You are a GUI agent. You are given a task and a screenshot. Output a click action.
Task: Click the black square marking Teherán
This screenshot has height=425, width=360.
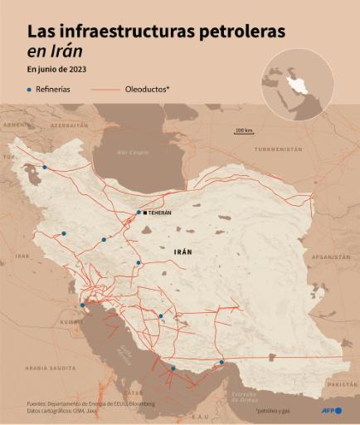point(145,212)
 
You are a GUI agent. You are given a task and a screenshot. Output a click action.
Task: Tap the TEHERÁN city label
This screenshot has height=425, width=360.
point(159,213)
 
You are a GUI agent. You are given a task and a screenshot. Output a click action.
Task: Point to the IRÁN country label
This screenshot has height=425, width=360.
point(184,251)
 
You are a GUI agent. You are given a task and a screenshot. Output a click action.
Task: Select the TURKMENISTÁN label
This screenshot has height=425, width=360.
point(278,149)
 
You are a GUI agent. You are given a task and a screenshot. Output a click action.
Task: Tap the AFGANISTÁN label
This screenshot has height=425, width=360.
point(330,256)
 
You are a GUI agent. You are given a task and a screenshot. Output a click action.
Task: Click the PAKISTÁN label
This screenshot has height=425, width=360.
point(342,385)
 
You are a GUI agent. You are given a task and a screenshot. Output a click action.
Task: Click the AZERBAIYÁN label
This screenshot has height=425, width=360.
point(69,125)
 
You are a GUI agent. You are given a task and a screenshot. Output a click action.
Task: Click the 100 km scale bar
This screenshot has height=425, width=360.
point(244,131)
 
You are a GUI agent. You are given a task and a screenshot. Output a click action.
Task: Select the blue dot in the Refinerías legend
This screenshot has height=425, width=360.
point(28,89)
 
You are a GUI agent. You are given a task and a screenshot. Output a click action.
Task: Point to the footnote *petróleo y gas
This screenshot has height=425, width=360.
point(275,410)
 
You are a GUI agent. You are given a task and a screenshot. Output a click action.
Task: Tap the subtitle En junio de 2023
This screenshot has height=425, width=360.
point(57,69)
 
